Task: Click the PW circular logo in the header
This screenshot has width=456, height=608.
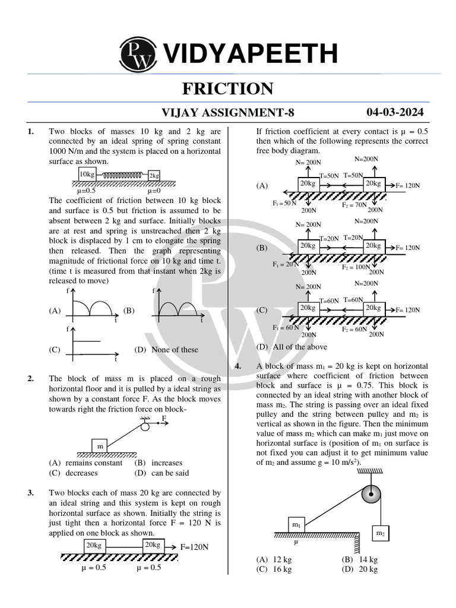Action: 138,54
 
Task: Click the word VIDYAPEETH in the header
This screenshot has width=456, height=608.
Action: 250,55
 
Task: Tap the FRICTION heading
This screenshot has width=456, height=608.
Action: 227,89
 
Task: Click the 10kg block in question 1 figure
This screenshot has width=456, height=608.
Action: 87,174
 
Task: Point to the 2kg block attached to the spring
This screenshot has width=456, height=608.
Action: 154,176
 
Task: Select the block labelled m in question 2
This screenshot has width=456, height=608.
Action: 101,446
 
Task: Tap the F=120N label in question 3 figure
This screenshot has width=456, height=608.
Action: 194,547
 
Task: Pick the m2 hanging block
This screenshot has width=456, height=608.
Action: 381,534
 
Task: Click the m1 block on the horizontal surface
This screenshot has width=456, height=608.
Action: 296,524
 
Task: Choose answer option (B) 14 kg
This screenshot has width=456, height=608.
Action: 360,559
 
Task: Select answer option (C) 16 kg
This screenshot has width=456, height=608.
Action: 274,569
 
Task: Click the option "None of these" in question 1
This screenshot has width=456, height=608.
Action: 174,350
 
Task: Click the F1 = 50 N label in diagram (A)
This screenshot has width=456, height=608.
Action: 285,203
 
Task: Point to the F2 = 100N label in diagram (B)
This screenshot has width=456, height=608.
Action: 356,267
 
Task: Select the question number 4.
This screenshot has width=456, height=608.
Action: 237,366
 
